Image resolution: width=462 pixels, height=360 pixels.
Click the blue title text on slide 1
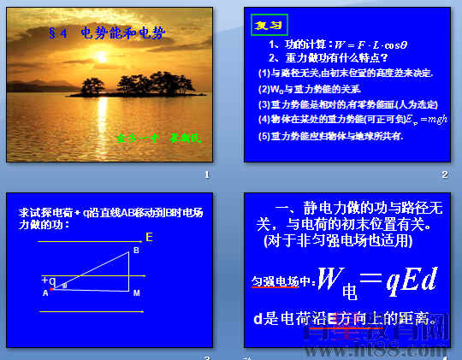pyautogui.click(x=103, y=32)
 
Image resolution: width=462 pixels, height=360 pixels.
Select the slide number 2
pyautogui.click(x=444, y=175)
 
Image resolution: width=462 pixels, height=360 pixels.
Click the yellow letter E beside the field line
pyautogui.click(x=149, y=237)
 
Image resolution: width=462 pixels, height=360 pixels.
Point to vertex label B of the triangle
pyautogui.click(x=135, y=251)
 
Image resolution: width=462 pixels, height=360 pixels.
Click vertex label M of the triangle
pyautogui.click(x=136, y=293)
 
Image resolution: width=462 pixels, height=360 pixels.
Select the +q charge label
pyautogui.click(x=48, y=280)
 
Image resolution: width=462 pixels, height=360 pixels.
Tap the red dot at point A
pyautogui.click(x=52, y=289)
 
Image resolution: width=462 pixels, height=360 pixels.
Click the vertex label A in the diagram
pyautogui.click(x=44, y=293)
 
